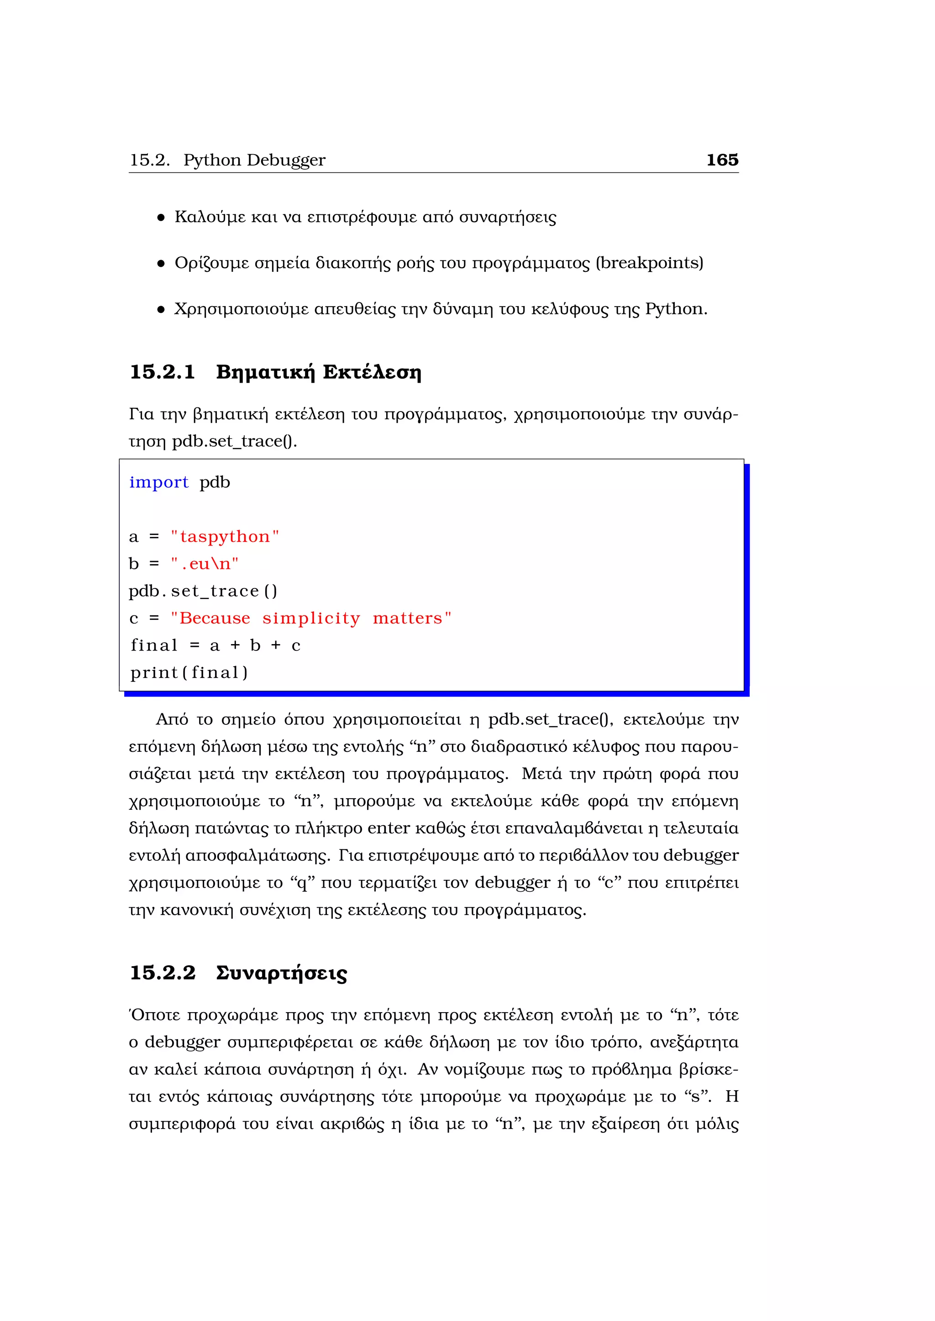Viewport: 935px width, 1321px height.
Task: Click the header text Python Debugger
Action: (254, 160)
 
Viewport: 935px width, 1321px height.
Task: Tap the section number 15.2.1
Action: (163, 372)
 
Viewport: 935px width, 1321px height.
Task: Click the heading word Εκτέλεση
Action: (372, 372)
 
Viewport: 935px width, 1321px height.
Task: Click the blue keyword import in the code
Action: (158, 482)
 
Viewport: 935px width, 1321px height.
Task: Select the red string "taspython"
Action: (225, 536)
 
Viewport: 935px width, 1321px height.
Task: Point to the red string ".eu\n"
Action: (205, 564)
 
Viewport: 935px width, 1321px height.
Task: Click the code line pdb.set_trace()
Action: (203, 591)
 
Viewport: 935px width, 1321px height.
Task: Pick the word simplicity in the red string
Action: (311, 618)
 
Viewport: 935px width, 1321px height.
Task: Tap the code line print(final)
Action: (189, 672)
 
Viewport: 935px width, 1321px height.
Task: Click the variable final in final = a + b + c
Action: (154, 645)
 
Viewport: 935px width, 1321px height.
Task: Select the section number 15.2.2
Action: (163, 973)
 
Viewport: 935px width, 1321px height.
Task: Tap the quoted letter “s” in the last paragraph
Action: (698, 1097)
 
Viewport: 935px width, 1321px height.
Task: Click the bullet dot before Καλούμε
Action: (161, 218)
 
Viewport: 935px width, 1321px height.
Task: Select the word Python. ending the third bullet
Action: (676, 310)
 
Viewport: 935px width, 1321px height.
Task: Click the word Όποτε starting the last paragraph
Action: (154, 1015)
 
